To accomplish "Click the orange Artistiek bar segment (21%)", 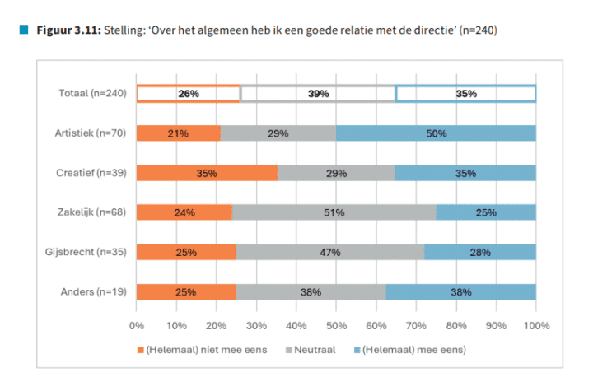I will click(x=178, y=133).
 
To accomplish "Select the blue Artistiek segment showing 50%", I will click(x=436, y=133).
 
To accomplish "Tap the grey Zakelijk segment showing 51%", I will click(x=334, y=212).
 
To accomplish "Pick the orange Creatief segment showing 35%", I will click(x=207, y=173).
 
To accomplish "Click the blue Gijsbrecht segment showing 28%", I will click(x=480, y=252).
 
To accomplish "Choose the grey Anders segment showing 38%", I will click(x=311, y=291).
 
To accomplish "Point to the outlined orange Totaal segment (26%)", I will click(x=188, y=94).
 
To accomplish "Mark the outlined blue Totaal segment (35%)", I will click(x=466, y=94).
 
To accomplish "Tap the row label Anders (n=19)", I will click(x=94, y=291).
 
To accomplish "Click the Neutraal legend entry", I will click(x=315, y=350).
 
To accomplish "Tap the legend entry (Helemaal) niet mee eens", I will click(x=207, y=350).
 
